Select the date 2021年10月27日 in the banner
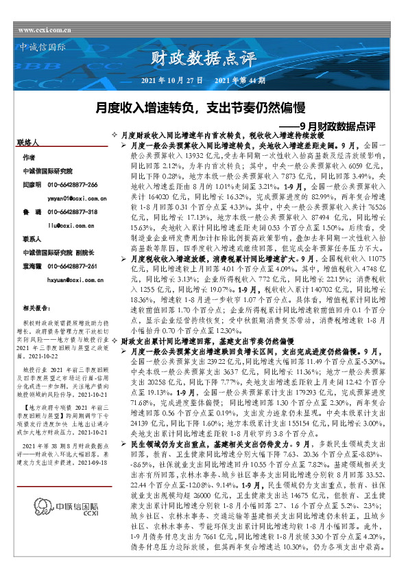(171, 80)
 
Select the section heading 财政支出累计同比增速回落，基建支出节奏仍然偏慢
(197, 340)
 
